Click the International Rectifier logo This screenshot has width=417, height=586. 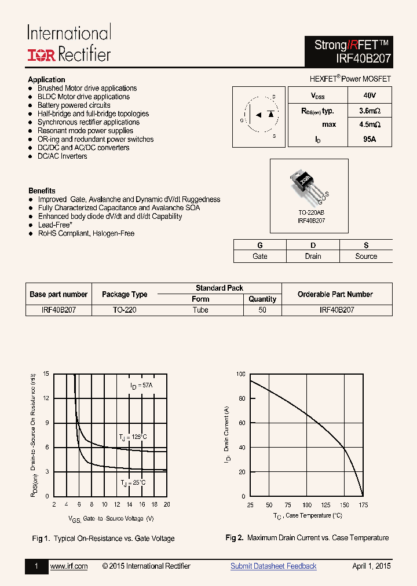click(x=68, y=43)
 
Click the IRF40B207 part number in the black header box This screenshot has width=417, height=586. click(x=363, y=58)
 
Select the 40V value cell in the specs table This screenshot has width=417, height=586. click(x=369, y=95)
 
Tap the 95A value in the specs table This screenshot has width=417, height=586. click(x=369, y=140)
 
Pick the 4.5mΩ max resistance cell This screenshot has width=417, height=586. click(x=369, y=124)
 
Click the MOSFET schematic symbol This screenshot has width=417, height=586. click(x=258, y=116)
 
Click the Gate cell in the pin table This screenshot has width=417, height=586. click(x=260, y=256)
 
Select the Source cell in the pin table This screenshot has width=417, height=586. click(x=366, y=256)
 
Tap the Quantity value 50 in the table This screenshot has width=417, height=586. click(x=262, y=310)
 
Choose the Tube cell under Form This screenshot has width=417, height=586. click(x=200, y=310)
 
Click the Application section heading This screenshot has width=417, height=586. click(x=46, y=79)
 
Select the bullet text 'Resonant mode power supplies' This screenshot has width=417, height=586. click(x=85, y=131)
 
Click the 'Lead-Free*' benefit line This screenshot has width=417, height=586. click(x=55, y=225)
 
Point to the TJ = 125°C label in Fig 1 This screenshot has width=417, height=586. click(x=133, y=437)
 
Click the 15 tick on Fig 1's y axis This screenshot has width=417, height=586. click(x=46, y=374)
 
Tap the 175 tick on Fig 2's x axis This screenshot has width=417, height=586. click(x=363, y=506)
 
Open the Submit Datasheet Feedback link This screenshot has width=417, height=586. click(x=273, y=566)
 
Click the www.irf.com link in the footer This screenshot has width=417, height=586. click(x=69, y=566)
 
